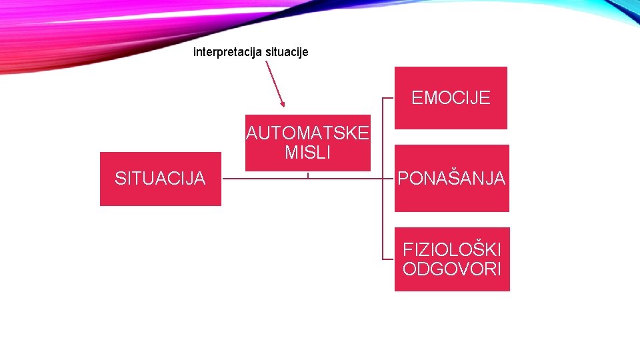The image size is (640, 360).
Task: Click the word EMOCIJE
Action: [x=451, y=98]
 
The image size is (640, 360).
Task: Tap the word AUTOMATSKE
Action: [x=307, y=133]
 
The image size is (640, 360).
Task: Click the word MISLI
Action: [x=307, y=153]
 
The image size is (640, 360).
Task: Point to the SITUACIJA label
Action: [x=160, y=178]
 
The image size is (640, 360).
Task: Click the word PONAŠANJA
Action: [x=451, y=179]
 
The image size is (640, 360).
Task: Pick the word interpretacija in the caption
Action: [x=227, y=51]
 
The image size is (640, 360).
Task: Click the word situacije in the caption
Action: [x=287, y=51]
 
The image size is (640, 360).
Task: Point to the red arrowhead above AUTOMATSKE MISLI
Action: [x=282, y=103]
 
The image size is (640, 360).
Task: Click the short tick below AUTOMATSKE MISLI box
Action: [x=308, y=175]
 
